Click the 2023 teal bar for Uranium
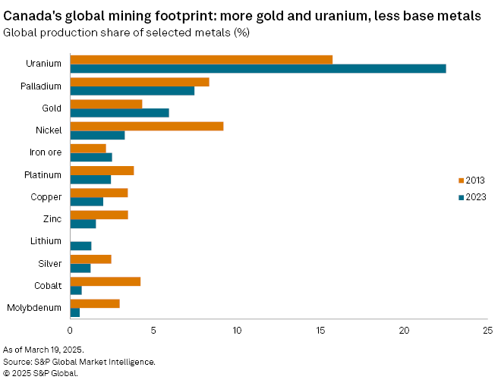[257, 68]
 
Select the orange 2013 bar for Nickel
[147, 126]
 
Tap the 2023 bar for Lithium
[80, 246]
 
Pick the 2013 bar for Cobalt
[105, 281]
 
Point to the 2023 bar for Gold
[119, 113]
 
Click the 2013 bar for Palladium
[140, 82]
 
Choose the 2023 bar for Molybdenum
[74, 312]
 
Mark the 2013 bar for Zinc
[99, 215]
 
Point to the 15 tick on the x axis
[320, 331]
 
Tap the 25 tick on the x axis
[487, 331]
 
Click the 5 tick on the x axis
[153, 331]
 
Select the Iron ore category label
[44, 152]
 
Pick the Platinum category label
[43, 175]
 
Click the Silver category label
[49, 264]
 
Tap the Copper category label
[47, 197]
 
